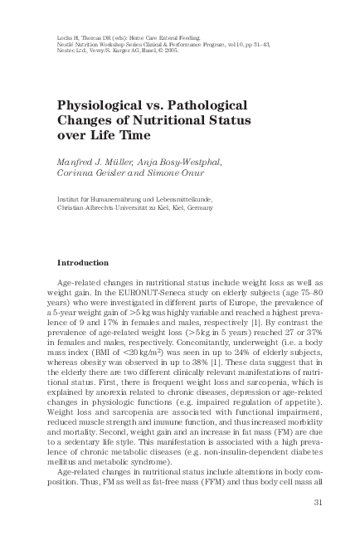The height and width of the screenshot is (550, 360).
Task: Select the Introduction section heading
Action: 82,262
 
